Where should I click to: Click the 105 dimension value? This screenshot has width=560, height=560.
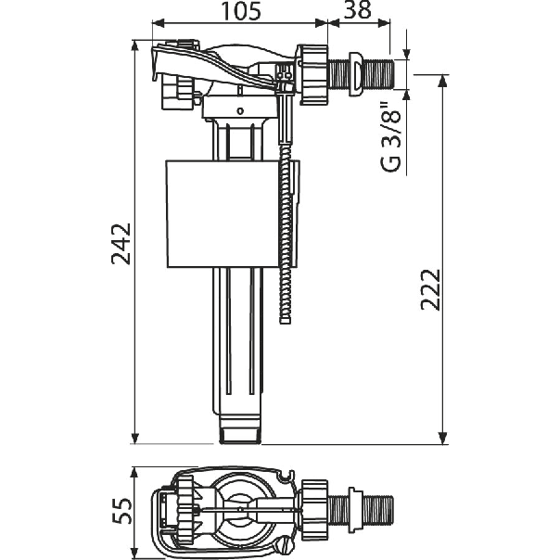tap(241, 11)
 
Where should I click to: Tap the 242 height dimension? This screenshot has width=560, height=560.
tap(121, 244)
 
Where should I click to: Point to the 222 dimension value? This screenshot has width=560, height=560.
tap(430, 289)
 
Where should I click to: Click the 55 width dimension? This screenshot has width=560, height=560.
tap(122, 510)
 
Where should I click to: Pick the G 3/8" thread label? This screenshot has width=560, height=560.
tap(391, 137)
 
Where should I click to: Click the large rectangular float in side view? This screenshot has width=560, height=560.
tap(223, 214)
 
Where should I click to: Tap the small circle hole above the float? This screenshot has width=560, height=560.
tap(241, 111)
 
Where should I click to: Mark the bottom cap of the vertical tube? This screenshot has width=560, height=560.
tap(240, 429)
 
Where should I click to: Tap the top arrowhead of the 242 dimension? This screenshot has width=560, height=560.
tap(135, 45)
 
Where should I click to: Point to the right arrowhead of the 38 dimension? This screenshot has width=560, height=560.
tap(384, 23)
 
